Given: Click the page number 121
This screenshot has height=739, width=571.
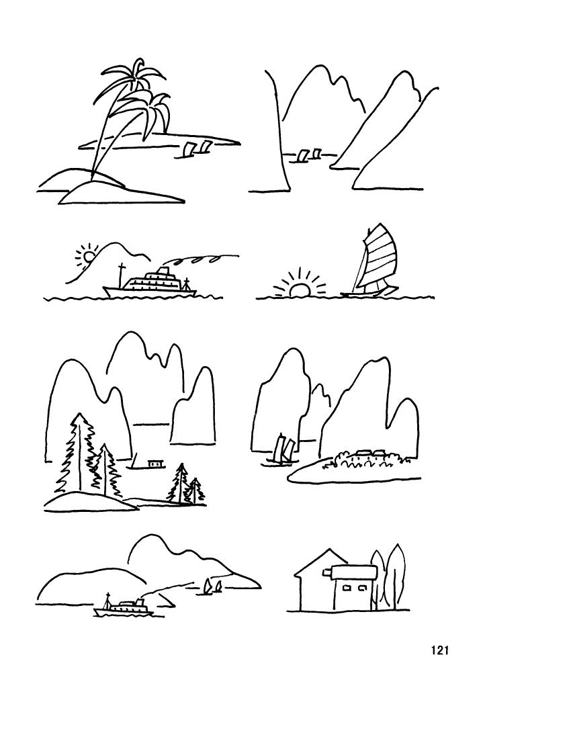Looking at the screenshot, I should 439,650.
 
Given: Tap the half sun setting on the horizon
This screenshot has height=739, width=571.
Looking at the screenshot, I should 300,290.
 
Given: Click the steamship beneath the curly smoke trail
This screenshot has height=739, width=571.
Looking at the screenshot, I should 151,284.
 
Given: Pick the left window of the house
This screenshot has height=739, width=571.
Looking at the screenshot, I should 347,588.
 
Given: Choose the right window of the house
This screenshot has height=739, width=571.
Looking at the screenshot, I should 363,588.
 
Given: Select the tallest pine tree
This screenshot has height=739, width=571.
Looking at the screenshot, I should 79,453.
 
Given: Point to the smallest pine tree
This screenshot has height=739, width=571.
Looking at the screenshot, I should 195,491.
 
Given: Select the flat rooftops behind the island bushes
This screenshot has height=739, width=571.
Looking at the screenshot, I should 366,453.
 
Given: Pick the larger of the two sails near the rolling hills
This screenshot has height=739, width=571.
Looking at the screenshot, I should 217,586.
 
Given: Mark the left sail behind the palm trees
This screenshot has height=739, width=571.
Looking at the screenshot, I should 189,149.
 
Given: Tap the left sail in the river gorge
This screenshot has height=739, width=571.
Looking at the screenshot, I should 303,155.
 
